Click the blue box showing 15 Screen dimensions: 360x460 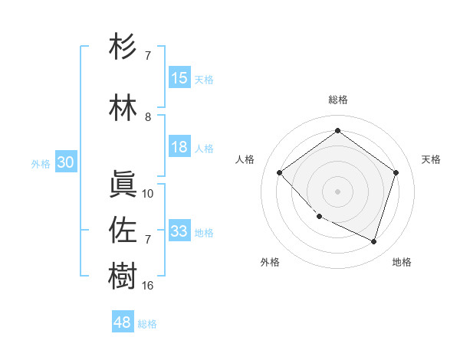pos(179,79)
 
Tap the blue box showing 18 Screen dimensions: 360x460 pos(179,148)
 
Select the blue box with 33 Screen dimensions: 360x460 pos(179,231)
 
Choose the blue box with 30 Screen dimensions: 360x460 pos(65,163)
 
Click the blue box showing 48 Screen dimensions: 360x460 pos(123,322)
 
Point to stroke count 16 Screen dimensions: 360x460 pos(148,286)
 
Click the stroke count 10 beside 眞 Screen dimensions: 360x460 pos(148,194)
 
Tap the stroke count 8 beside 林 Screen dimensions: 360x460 pos(148,117)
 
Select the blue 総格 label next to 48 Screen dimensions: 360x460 pos(147,324)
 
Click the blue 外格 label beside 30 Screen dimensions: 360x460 pos(41,164)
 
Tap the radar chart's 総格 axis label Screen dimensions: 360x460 pos(337,100)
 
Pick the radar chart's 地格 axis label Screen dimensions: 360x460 pos(402,262)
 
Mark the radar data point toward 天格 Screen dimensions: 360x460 pos(396,172)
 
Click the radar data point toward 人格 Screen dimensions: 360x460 pos(279,172)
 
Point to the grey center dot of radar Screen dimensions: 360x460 pos(337,191)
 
